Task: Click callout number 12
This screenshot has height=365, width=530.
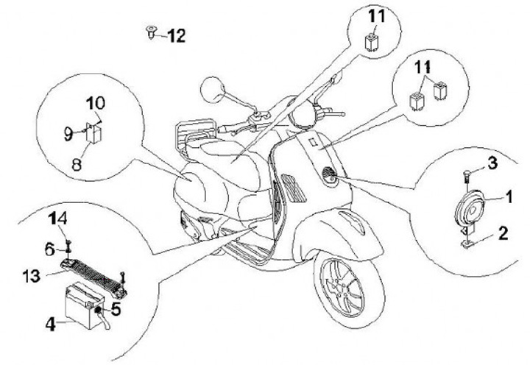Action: click(x=177, y=34)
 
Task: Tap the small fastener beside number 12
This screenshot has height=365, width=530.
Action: click(x=152, y=31)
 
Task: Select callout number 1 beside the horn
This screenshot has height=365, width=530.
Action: click(x=507, y=198)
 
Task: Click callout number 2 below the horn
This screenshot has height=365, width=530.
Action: click(x=501, y=235)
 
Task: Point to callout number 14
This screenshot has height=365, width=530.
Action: click(x=57, y=219)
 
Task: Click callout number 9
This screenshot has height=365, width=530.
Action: click(x=67, y=133)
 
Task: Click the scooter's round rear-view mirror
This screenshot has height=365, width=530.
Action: click(x=210, y=89)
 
